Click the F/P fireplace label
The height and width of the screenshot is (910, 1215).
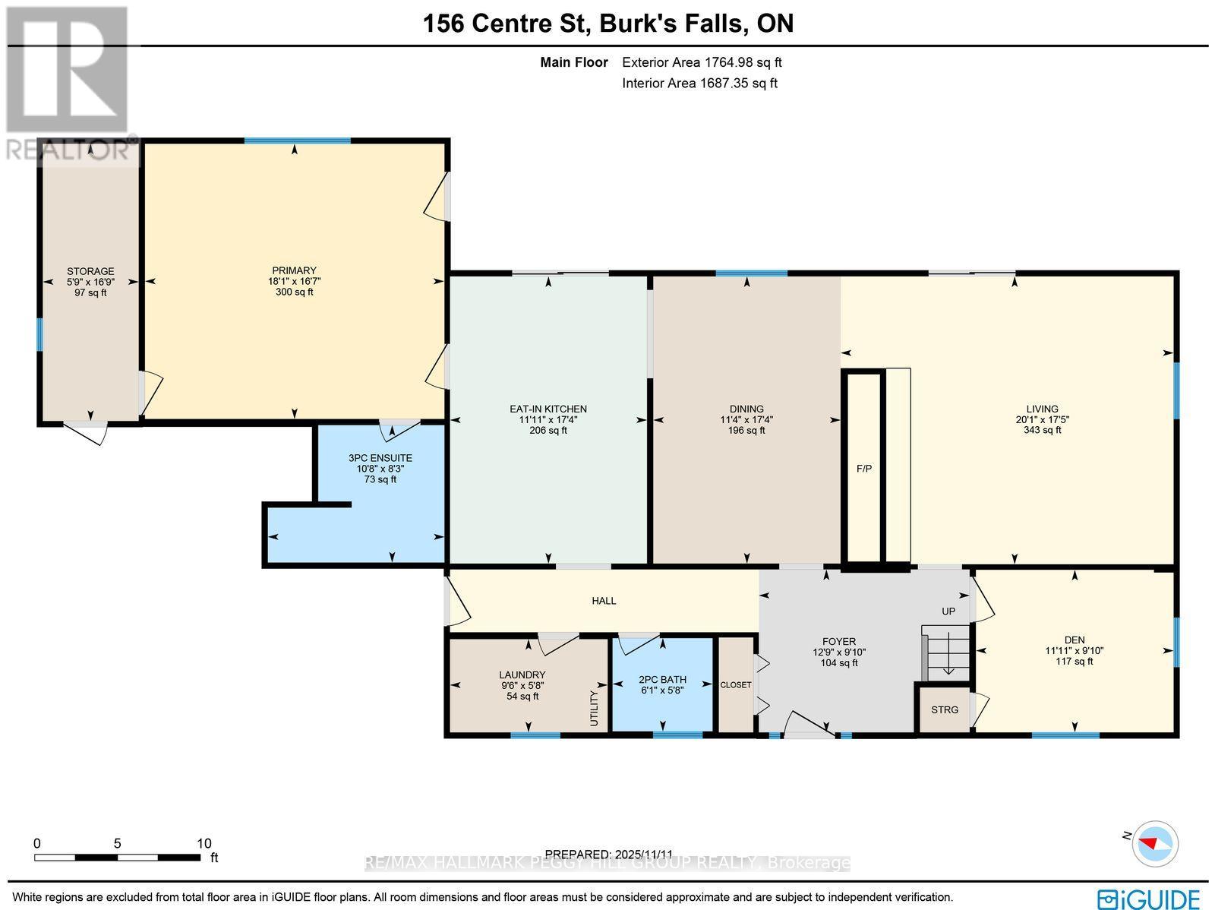pyautogui.click(x=863, y=469)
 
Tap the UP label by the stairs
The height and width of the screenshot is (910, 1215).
pyautogui.click(x=948, y=611)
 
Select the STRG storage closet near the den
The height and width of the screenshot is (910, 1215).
pyautogui.click(x=945, y=709)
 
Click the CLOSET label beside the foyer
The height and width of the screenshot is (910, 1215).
pyautogui.click(x=735, y=684)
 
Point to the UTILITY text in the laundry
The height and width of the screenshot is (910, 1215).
pyautogui.click(x=595, y=708)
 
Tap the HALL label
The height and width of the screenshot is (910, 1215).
pyautogui.click(x=604, y=601)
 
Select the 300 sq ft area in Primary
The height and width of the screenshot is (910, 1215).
pyautogui.click(x=295, y=292)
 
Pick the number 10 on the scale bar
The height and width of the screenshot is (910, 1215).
pyautogui.click(x=204, y=843)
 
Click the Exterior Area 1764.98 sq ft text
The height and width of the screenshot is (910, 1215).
pyautogui.click(x=702, y=63)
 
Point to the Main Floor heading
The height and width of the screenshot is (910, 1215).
pyautogui.click(x=573, y=63)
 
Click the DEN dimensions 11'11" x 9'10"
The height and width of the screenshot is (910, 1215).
pyautogui.click(x=1074, y=650)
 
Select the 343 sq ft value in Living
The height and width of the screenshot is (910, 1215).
pyautogui.click(x=1042, y=430)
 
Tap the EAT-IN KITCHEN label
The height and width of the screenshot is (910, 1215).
pyautogui.click(x=548, y=409)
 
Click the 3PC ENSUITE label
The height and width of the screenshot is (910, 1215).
pyautogui.click(x=380, y=458)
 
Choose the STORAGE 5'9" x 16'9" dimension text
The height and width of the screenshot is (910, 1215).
pyautogui.click(x=90, y=282)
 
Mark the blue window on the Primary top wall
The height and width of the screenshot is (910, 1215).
pyautogui.click(x=297, y=141)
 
